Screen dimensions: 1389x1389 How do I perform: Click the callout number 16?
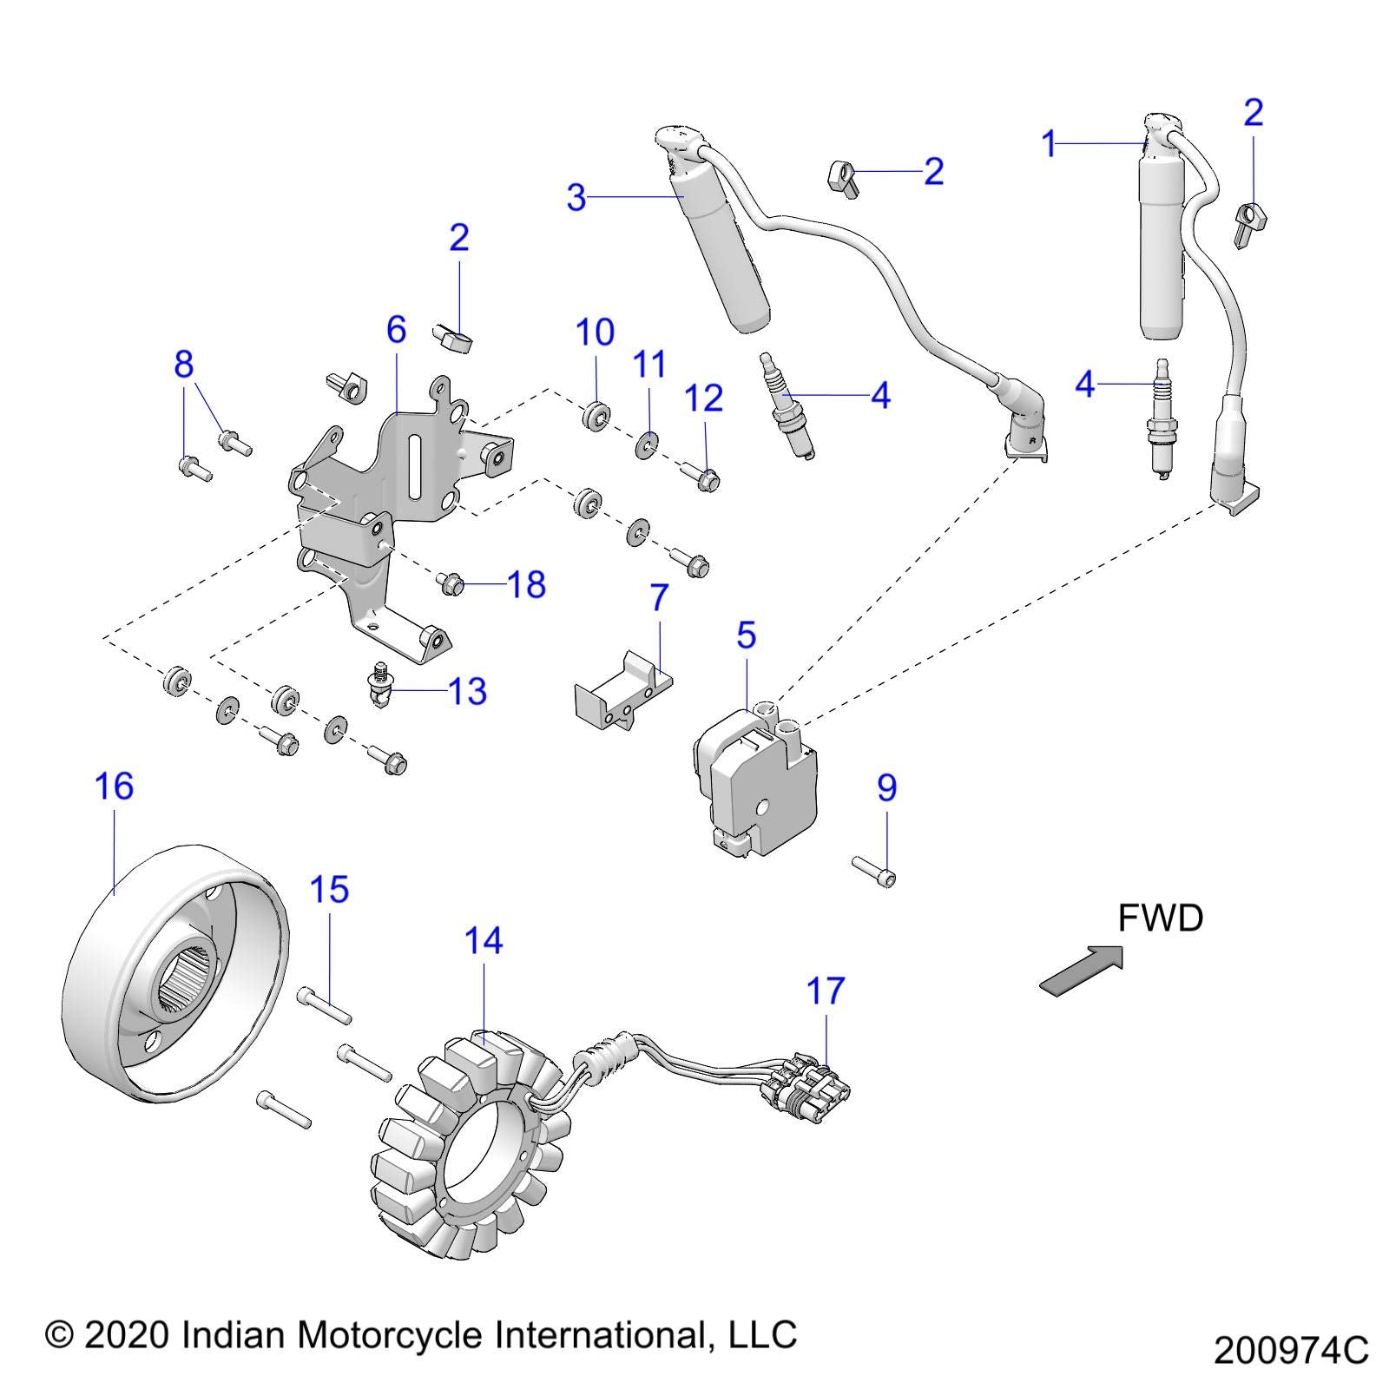pos(114,787)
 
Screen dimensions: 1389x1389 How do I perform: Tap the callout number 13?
pos(467,692)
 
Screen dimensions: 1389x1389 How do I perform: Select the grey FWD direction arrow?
pos(1082,971)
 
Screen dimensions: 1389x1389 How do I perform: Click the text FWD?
pos(1160,918)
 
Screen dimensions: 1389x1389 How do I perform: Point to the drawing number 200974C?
pos(1291,1352)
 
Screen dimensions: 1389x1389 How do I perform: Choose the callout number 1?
pos(1050,144)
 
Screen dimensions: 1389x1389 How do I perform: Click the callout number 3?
pos(576,199)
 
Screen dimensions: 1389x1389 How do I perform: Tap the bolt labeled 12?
pos(703,477)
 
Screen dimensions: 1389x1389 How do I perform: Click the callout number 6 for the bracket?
pos(396,330)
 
